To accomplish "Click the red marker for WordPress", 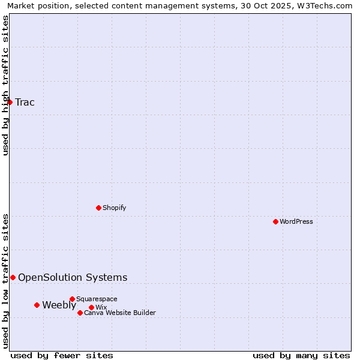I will click(x=275, y=221).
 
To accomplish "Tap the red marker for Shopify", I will click(x=98, y=208).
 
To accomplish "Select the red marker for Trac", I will click(x=10, y=102).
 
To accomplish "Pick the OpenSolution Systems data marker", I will click(x=13, y=277).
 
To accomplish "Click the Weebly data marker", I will click(x=37, y=305).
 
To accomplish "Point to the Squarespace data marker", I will click(x=72, y=299).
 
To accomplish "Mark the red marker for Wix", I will click(x=91, y=307).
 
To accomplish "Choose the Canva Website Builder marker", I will click(x=80, y=313).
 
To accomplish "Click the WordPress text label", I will click(x=296, y=221).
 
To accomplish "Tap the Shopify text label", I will click(x=114, y=208).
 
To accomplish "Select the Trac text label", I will click(x=25, y=102).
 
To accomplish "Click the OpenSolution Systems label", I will click(x=73, y=277).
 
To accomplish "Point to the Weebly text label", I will click(x=59, y=305).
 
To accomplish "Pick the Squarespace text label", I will click(x=97, y=299).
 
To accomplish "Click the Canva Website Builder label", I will click(x=120, y=313).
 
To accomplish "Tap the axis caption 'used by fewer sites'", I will click(x=62, y=355).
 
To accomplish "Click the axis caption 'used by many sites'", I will click(x=301, y=355).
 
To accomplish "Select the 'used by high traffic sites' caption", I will click(x=5, y=85).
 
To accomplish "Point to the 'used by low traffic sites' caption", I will click(x=5, y=280).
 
